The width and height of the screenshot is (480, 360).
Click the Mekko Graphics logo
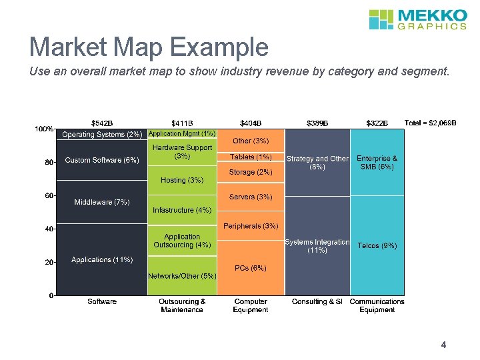[x=417, y=19]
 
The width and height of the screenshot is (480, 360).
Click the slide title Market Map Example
[x=149, y=47]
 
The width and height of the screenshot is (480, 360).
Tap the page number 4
[x=443, y=345]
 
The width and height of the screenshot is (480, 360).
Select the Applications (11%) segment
[x=102, y=259]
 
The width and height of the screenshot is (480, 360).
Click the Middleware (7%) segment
[x=102, y=202]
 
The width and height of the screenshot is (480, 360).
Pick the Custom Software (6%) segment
[x=102, y=160]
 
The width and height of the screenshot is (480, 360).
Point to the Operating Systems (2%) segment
[x=102, y=135]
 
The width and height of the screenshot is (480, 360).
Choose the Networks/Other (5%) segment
[x=182, y=276]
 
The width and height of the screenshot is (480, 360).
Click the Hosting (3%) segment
[x=182, y=181]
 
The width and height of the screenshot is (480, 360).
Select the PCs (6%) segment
[x=251, y=268]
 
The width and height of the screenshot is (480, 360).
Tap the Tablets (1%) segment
[x=251, y=157]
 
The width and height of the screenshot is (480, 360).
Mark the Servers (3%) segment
[x=251, y=197]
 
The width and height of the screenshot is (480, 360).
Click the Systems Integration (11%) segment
[x=317, y=246]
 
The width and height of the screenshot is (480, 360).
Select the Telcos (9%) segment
[x=377, y=246]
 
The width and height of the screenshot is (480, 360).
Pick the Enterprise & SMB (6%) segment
[x=377, y=162]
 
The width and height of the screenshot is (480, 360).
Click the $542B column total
[x=102, y=123]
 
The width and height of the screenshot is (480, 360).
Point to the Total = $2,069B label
[x=430, y=123]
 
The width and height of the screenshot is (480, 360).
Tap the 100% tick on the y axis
[x=44, y=129]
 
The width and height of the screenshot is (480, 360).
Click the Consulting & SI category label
[x=317, y=301]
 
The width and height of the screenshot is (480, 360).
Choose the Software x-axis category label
[x=102, y=301]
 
